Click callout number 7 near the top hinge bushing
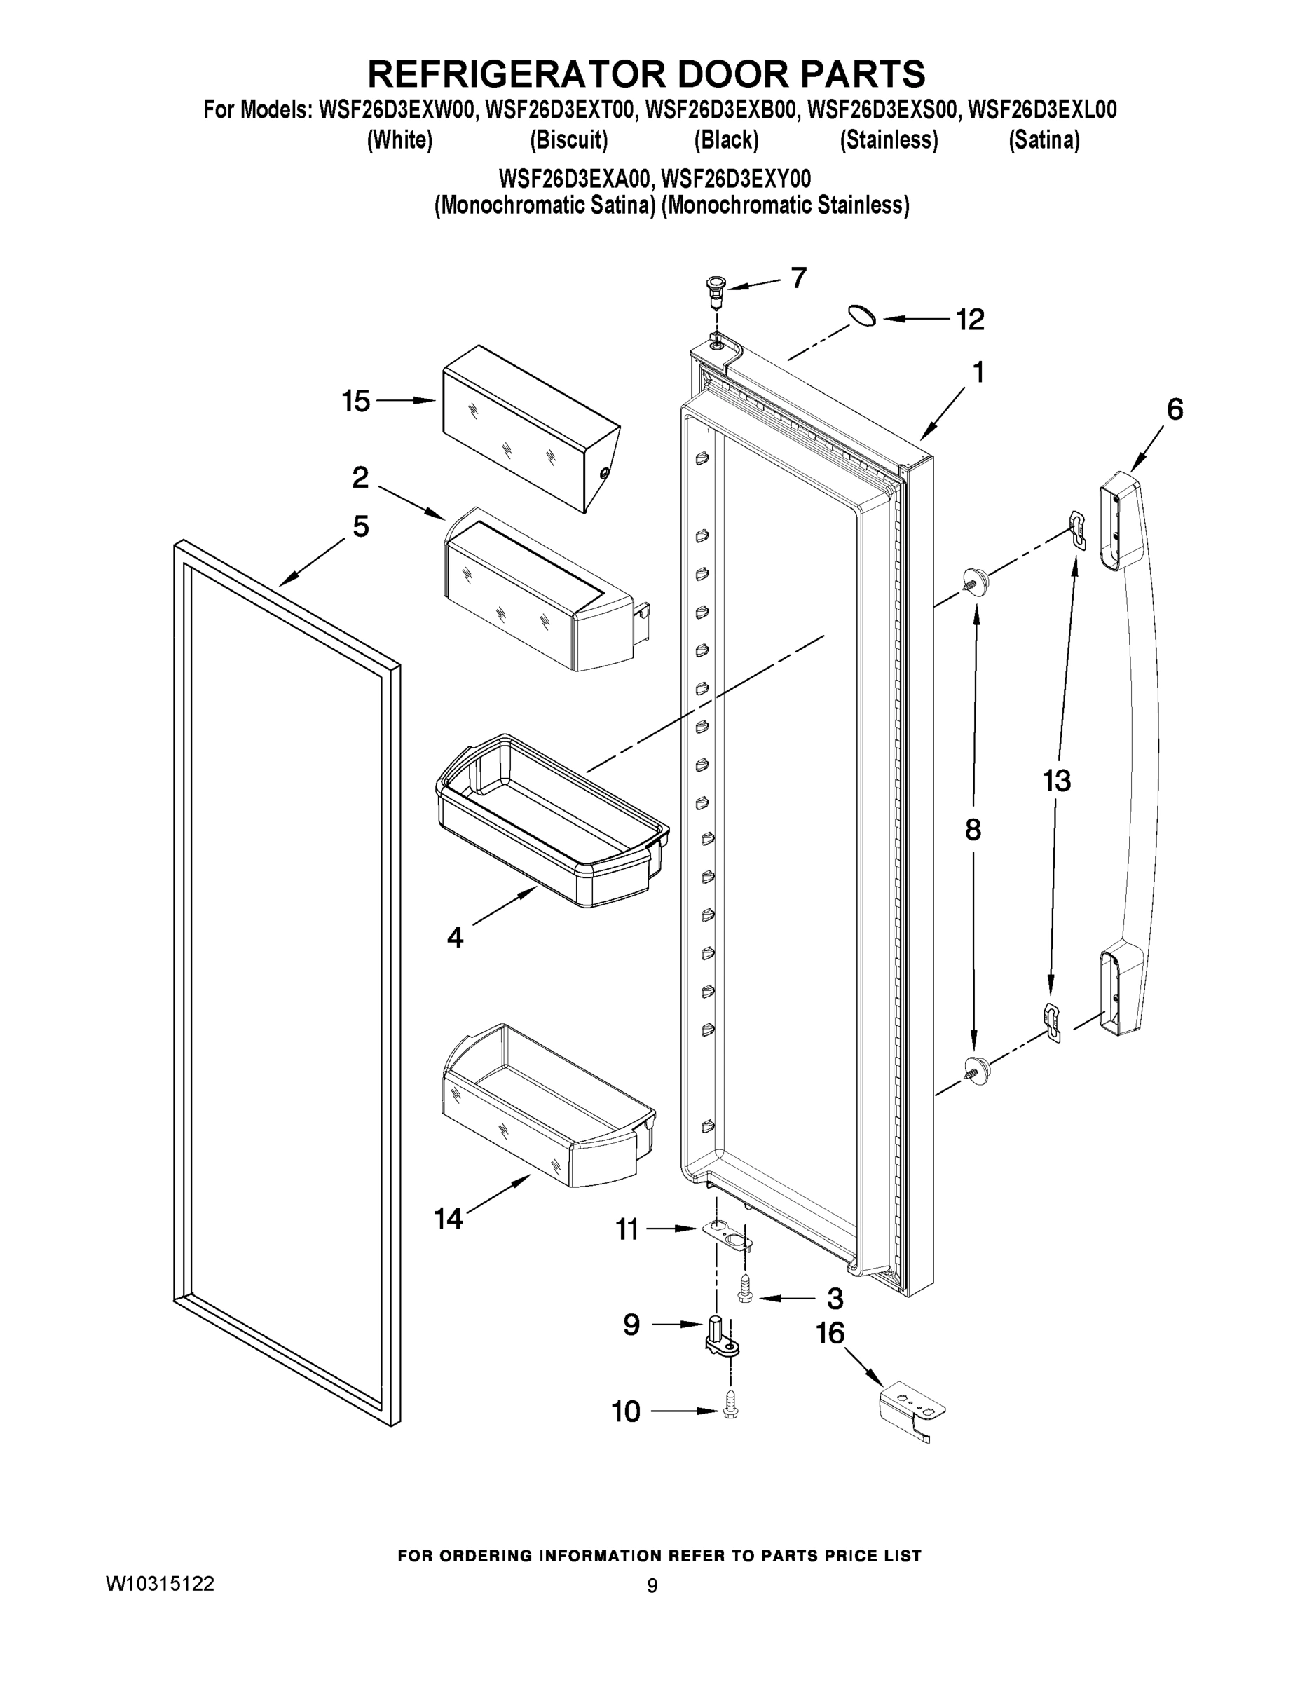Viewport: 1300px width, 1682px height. pyautogui.click(x=799, y=278)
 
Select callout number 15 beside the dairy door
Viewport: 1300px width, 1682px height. pyautogui.click(x=356, y=402)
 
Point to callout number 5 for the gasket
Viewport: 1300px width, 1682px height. pyautogui.click(x=360, y=527)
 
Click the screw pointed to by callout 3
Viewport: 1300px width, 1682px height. pyautogui.click(x=746, y=1299)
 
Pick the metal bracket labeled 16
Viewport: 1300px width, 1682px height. pyautogui.click(x=912, y=1409)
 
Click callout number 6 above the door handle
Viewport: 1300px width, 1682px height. pyautogui.click(x=1175, y=410)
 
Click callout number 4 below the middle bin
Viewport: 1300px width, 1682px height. pyautogui.click(x=455, y=937)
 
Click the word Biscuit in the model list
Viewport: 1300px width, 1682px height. pyautogui.click(x=569, y=140)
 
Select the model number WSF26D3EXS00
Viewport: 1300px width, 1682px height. pyautogui.click(x=882, y=110)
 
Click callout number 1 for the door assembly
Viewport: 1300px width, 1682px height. pyautogui.click(x=978, y=373)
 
